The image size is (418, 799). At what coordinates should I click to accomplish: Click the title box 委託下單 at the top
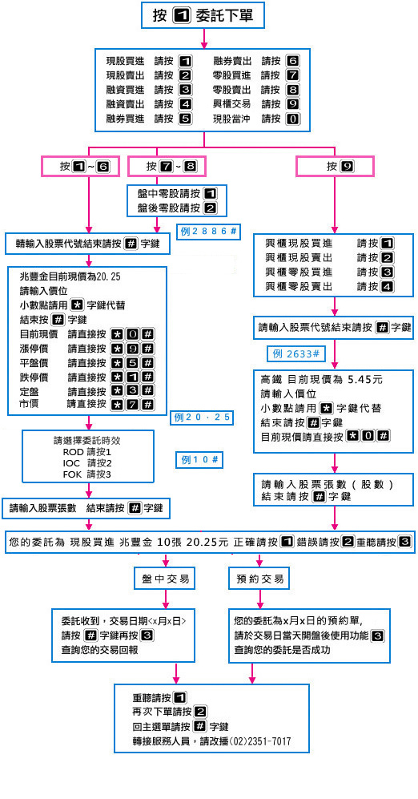203,15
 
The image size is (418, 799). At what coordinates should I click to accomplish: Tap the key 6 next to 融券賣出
293,62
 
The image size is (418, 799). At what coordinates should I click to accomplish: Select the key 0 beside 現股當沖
293,119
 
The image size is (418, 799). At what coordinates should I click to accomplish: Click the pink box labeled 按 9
335,166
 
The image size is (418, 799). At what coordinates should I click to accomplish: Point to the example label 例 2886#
209,232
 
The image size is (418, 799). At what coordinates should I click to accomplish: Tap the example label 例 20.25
202,418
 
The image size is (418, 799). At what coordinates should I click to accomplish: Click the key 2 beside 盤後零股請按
210,208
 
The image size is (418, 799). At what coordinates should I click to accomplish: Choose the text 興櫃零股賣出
299,286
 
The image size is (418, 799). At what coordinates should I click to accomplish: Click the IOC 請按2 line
87,463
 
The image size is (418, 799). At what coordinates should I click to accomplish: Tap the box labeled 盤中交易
166,579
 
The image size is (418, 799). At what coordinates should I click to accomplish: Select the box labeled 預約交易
260,579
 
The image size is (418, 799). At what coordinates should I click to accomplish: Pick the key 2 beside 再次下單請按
200,712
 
